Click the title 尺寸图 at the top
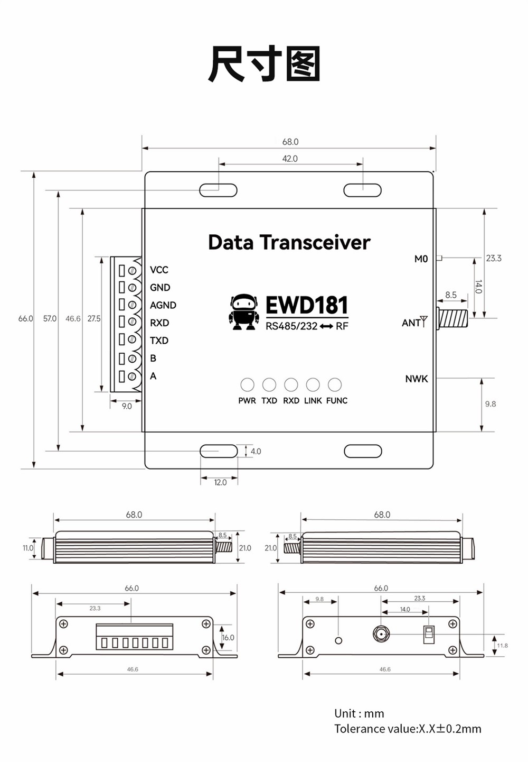coord(264,64)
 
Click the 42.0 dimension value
coord(290,159)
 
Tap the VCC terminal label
coord(159,270)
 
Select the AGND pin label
coord(163,305)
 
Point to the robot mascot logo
coord(244,313)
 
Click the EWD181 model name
coord(307,305)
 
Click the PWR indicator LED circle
coord(247,384)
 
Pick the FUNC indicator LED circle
coord(335,384)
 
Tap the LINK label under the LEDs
coord(313,401)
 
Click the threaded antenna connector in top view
coord(452,318)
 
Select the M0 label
coord(421,259)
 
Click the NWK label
coord(417,379)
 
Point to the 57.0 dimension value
coord(50,318)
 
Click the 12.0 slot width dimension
coord(220,482)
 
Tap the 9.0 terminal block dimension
coord(127,406)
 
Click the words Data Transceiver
coord(289,242)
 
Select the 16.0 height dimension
coord(228,638)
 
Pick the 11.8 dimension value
coord(502,646)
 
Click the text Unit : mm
coord(359,713)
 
